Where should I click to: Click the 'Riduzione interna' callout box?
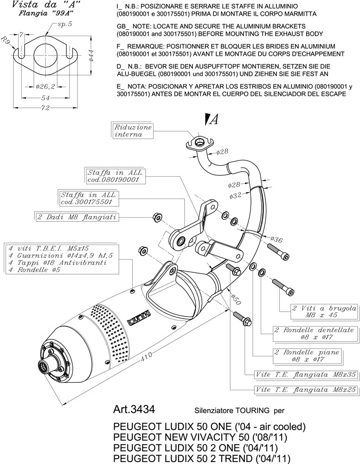(133, 131)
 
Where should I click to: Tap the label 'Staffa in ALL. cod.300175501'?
(89, 199)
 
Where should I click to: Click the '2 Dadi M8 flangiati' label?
(77, 217)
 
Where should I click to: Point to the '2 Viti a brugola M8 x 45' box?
(324, 312)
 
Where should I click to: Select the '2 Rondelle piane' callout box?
(308, 356)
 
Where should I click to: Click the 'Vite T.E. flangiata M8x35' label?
(305, 374)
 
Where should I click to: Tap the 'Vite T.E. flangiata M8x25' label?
(305, 389)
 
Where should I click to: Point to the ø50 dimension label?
(236, 299)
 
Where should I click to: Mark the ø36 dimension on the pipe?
(276, 239)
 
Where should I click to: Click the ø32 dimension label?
(235, 195)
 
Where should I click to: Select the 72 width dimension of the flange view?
(45, 108)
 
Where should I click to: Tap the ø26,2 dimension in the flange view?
(45, 86)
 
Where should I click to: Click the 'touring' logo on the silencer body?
(139, 317)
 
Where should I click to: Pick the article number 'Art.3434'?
(134, 409)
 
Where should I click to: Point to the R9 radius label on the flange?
(6, 40)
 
